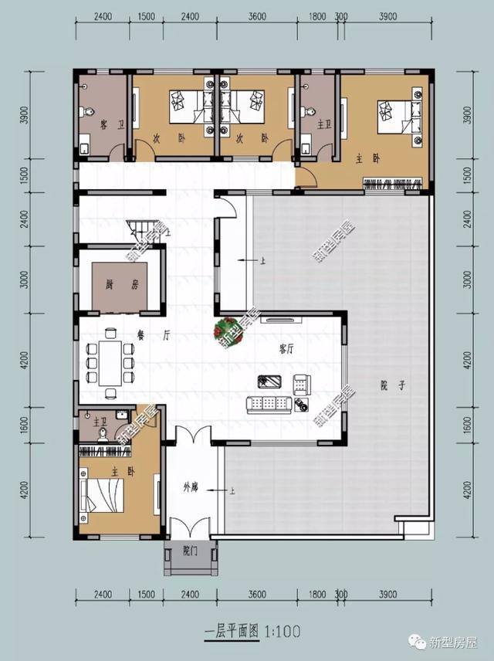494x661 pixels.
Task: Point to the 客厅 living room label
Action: coord(286,349)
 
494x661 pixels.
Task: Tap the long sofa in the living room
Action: coord(267,403)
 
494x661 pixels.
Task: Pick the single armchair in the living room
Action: coord(302,382)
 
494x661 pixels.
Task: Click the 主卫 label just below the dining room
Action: coord(100,422)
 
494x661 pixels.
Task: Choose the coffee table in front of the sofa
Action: coord(270,381)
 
